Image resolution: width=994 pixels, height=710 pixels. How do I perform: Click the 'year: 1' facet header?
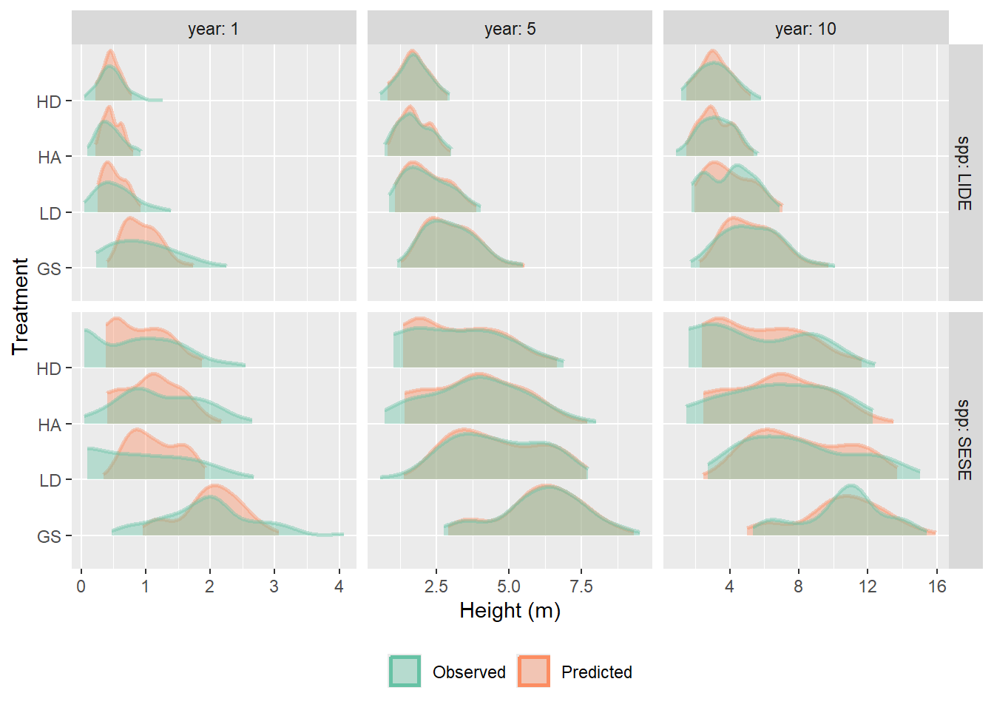pyautogui.click(x=213, y=29)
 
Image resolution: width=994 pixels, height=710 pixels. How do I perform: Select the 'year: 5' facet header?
pyautogui.click(x=510, y=29)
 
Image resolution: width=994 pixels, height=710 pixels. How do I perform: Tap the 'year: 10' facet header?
pyautogui.click(x=805, y=29)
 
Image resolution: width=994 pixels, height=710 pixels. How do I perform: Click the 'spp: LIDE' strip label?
pyautogui.click(x=964, y=172)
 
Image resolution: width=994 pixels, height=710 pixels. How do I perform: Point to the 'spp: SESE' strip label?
pyautogui.click(x=964, y=440)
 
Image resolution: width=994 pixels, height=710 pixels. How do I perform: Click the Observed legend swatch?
pyautogui.click(x=405, y=672)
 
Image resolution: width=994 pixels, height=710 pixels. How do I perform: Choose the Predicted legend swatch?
pyautogui.click(x=533, y=672)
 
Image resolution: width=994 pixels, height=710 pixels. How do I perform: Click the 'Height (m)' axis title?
pyautogui.click(x=510, y=611)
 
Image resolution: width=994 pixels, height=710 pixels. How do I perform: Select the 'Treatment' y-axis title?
pyautogui.click(x=20, y=306)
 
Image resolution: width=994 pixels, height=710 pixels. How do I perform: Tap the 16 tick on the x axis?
pyautogui.click(x=937, y=587)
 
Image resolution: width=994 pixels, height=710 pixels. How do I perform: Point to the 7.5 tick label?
pyautogui.click(x=581, y=587)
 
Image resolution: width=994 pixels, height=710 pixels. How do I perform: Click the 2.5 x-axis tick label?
pyautogui.click(x=436, y=587)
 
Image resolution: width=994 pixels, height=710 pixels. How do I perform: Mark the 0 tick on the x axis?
pyautogui.click(x=81, y=587)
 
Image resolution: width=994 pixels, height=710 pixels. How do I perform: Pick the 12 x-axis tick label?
pyautogui.click(x=868, y=587)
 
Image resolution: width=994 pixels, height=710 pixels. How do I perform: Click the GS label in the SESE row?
pyautogui.click(x=49, y=536)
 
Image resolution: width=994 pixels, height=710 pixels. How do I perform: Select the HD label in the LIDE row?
pyautogui.click(x=49, y=102)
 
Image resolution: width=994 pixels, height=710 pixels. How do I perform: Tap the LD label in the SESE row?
pyautogui.click(x=50, y=481)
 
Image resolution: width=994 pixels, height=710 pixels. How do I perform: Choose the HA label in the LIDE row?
pyautogui.click(x=49, y=158)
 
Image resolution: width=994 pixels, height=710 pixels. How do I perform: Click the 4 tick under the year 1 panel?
pyautogui.click(x=339, y=587)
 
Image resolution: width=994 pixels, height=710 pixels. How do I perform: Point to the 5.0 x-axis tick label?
pyautogui.click(x=508, y=587)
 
